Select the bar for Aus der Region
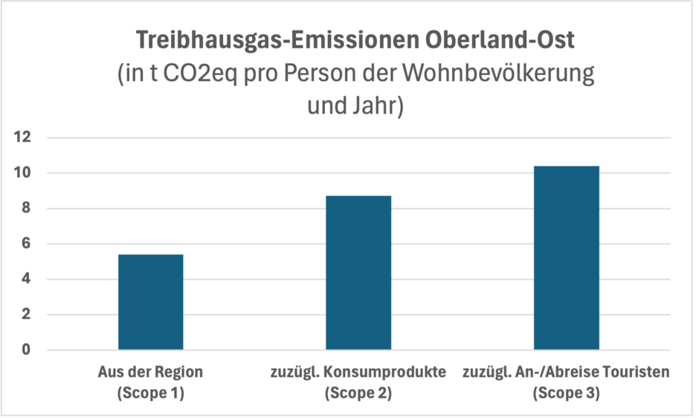150,302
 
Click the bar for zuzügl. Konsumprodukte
358,272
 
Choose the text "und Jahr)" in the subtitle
355,105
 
